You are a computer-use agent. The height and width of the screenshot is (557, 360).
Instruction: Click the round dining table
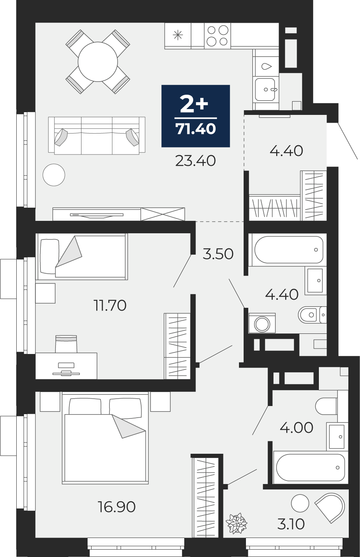(x=98, y=62)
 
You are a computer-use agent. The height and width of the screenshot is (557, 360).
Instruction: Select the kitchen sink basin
(x=265, y=90)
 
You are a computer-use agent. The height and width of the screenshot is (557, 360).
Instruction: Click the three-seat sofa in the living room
(x=97, y=135)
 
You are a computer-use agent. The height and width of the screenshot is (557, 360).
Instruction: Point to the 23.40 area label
(x=195, y=161)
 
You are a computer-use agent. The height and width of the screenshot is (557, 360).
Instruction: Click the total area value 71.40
(x=196, y=129)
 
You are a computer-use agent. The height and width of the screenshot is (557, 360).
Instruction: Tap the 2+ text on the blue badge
(x=194, y=104)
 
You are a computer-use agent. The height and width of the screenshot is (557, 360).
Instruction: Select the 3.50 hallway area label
(x=218, y=254)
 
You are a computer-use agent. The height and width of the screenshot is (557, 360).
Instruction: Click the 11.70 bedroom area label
(x=110, y=305)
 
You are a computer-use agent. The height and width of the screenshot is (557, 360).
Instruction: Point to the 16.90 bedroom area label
(x=117, y=507)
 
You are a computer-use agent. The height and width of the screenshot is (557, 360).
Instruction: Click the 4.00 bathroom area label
(x=296, y=428)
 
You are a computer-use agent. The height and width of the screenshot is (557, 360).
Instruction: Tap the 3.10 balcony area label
(x=291, y=524)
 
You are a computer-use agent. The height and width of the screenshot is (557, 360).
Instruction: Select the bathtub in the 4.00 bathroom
(x=310, y=467)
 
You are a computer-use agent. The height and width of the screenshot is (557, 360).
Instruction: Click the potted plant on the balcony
(x=237, y=523)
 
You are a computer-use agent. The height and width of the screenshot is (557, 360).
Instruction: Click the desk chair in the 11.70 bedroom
(x=66, y=344)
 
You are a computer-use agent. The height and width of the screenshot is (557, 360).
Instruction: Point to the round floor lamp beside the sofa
(x=54, y=175)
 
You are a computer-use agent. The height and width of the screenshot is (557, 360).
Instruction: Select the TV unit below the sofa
(x=118, y=214)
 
